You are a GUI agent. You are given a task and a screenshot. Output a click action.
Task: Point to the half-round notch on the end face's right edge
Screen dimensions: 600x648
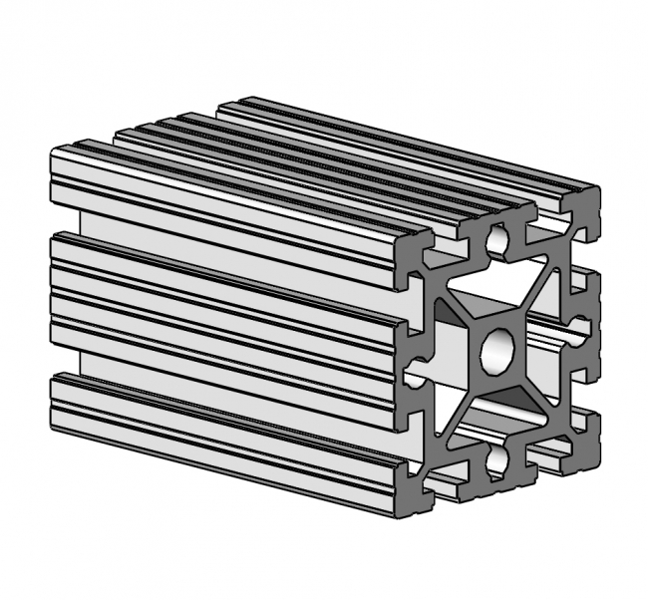[581, 326]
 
